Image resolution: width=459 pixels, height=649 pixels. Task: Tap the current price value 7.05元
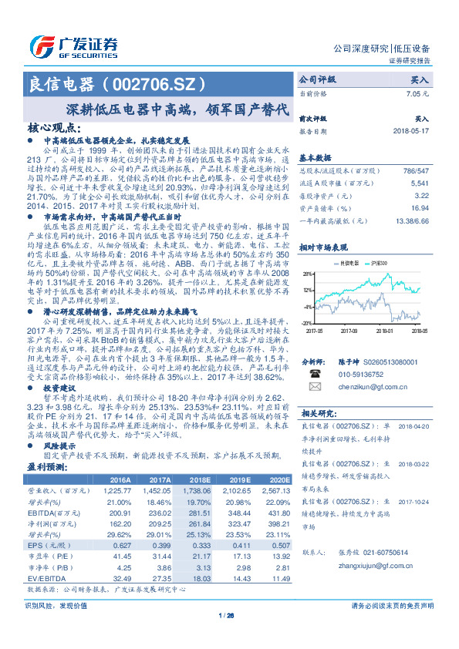[417, 92]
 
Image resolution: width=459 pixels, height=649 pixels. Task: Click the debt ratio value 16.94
[420, 207]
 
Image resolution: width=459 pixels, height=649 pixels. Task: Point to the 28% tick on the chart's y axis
[307, 274]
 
